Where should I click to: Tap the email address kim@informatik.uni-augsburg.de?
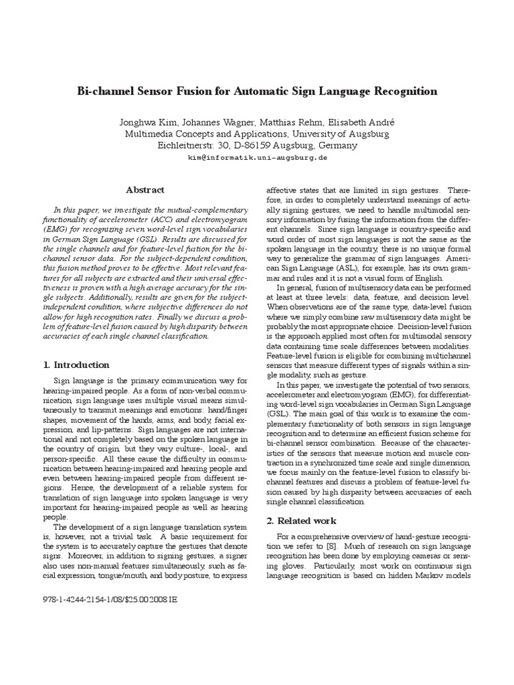257,157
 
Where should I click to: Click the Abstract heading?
145,190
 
